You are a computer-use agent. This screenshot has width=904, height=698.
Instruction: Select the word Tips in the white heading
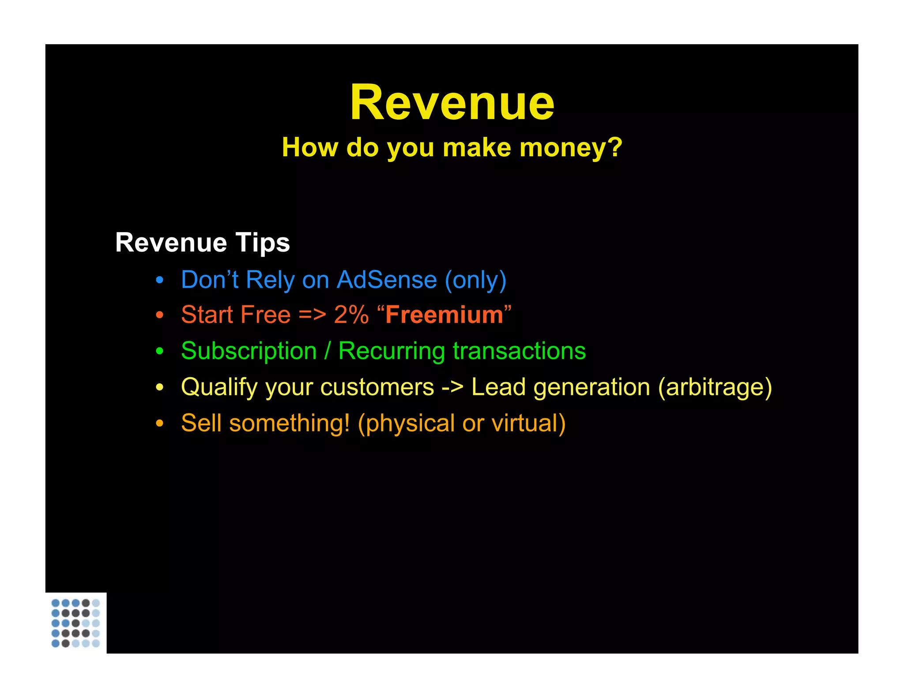(x=262, y=243)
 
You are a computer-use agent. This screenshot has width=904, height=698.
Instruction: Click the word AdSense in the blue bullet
(x=387, y=280)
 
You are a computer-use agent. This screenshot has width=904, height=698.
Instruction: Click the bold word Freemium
(x=444, y=315)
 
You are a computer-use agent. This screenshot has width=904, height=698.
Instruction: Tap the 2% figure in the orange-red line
(x=351, y=315)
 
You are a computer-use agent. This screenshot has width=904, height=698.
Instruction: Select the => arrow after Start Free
(x=312, y=315)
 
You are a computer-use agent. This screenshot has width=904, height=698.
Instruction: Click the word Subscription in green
(x=249, y=352)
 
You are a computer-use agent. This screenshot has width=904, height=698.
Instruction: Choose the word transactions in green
(x=519, y=351)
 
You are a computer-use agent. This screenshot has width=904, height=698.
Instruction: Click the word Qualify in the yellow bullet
(x=219, y=387)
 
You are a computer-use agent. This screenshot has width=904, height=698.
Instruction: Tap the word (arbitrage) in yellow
(x=715, y=387)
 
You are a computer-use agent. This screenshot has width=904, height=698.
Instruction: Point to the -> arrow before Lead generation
(x=452, y=387)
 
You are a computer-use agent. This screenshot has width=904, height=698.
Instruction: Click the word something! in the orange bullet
(x=289, y=423)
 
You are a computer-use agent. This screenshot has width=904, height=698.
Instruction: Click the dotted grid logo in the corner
(x=75, y=623)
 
